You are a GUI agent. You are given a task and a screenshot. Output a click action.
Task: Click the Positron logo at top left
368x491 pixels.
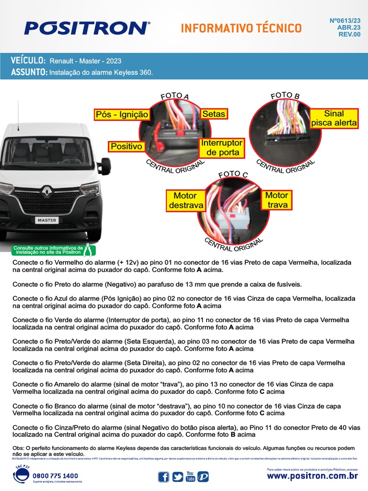[x=87, y=28]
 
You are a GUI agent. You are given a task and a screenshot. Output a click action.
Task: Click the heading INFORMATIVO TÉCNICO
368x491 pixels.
[x=241, y=28]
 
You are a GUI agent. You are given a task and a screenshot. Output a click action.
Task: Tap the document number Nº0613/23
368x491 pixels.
[x=345, y=21]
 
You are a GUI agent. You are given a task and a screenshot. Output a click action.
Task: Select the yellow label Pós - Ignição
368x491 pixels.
[x=122, y=115]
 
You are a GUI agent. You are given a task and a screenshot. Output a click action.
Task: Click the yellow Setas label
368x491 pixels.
[x=213, y=114]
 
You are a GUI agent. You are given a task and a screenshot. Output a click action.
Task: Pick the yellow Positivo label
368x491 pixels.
[x=126, y=146]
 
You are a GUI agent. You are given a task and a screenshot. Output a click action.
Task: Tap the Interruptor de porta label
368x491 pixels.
[x=222, y=148]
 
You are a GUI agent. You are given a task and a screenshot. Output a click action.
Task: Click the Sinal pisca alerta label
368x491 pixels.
[x=334, y=118]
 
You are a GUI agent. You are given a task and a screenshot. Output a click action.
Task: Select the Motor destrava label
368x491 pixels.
[x=185, y=200]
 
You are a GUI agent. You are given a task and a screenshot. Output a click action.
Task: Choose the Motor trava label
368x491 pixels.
[x=277, y=200]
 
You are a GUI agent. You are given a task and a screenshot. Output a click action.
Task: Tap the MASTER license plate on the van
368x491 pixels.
[x=47, y=220]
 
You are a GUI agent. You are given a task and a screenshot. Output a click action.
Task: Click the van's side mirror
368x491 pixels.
[x=104, y=166]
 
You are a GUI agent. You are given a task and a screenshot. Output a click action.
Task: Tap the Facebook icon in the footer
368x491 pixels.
[x=163, y=477]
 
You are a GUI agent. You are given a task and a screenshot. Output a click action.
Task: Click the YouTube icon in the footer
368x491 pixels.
[x=190, y=477]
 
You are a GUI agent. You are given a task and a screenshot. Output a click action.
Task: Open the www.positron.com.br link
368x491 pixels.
[x=312, y=476]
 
